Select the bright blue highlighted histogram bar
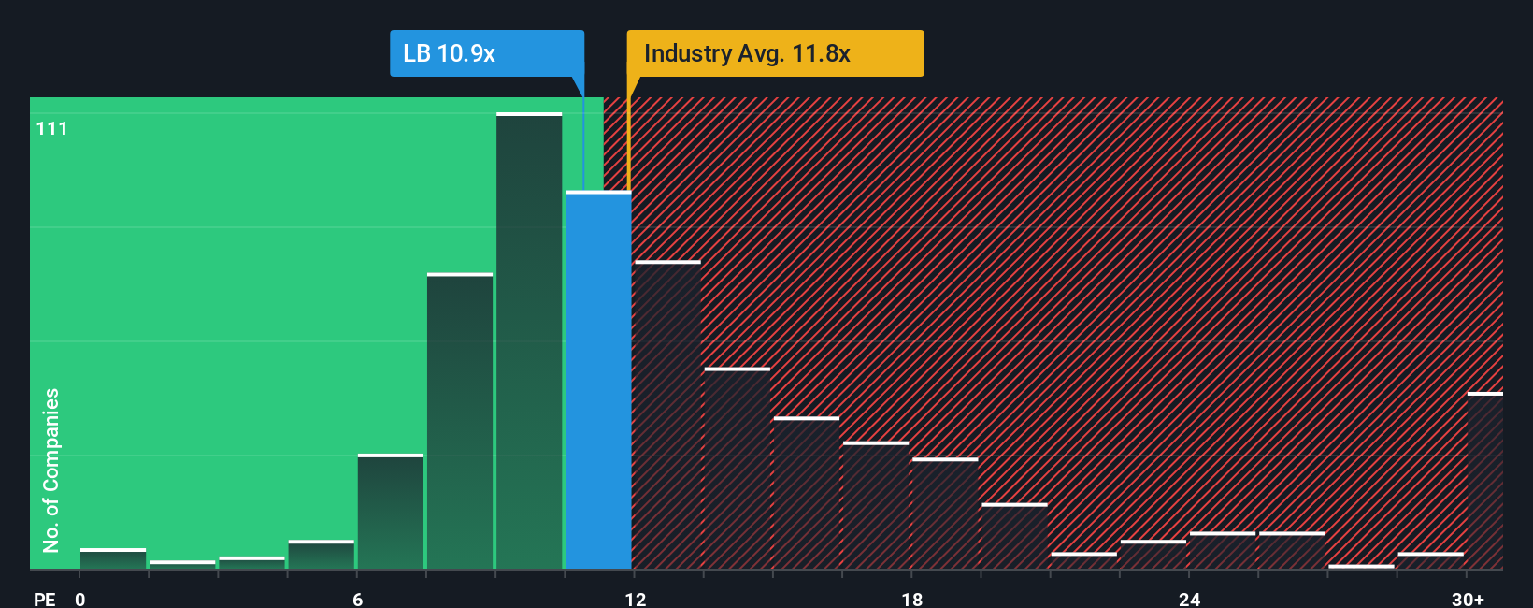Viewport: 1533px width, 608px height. [598, 380]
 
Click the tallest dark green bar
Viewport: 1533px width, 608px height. [529, 341]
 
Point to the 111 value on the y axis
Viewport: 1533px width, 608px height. [52, 129]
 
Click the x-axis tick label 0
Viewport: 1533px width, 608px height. [80, 599]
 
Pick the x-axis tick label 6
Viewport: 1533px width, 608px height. [358, 599]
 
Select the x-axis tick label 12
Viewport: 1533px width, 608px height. [636, 599]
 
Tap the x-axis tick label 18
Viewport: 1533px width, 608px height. [912, 599]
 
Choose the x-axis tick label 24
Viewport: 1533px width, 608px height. [1189, 599]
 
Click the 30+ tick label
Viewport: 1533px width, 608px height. [1468, 599]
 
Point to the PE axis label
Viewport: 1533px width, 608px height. [45, 599]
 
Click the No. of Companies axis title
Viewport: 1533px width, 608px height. [51, 470]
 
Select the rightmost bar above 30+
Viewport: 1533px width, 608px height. [1484, 481]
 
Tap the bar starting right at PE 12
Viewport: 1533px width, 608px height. [667, 415]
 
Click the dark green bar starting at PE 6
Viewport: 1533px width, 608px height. [391, 512]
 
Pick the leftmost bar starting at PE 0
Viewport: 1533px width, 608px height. [113, 558]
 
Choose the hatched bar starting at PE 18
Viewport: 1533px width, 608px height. [945, 514]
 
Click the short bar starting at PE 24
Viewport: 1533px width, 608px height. [1222, 551]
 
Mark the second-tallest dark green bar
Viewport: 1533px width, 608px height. [460, 421]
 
